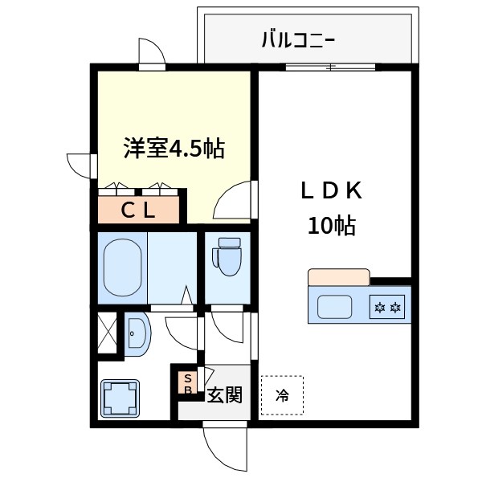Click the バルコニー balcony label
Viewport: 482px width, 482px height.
pyautogui.click(x=297, y=39)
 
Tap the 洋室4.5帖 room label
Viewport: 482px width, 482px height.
pyautogui.click(x=173, y=148)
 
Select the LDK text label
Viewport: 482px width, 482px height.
pyautogui.click(x=333, y=192)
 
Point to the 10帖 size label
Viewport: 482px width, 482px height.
pyautogui.click(x=332, y=226)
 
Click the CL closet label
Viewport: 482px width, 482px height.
pyautogui.click(x=138, y=210)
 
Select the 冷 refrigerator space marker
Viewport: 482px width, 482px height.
pyautogui.click(x=282, y=394)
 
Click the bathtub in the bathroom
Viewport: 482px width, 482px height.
pyautogui.click(x=123, y=266)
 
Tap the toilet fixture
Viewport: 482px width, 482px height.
pyautogui.click(x=227, y=257)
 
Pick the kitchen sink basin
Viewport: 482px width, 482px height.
pyautogui.click(x=336, y=306)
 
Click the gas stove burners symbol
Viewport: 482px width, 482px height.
pyautogui.click(x=387, y=306)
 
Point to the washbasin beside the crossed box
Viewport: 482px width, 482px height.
pyautogui.click(x=136, y=333)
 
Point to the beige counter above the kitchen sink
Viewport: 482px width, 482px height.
pyautogui.click(x=338, y=277)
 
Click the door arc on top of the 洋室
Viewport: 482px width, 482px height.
pyautogui.click(x=151, y=53)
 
